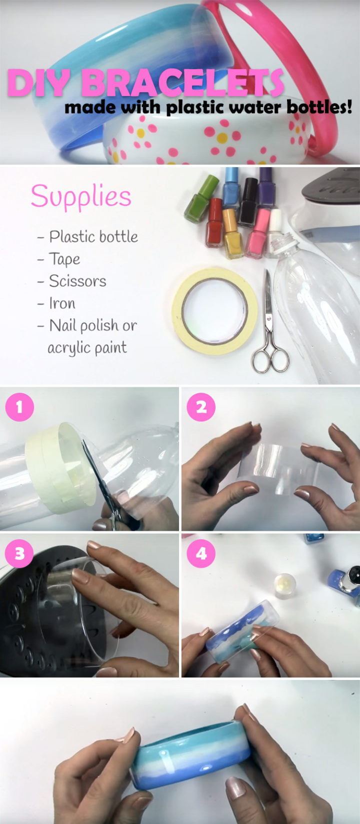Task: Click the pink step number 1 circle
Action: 19,407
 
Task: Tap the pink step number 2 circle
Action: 201,407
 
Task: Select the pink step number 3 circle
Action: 19,553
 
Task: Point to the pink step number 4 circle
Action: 201,553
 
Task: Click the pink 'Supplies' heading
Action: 81,197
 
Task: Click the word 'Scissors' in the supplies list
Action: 77,281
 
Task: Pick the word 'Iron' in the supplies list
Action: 62,303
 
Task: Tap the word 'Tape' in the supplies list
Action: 64,260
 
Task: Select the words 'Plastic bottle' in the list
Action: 93,237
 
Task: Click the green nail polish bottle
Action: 201,199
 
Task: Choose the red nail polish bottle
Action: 215,223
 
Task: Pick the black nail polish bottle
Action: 248,201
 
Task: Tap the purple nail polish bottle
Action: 266,188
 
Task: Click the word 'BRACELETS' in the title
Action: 182,83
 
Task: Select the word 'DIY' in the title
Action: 38,83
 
